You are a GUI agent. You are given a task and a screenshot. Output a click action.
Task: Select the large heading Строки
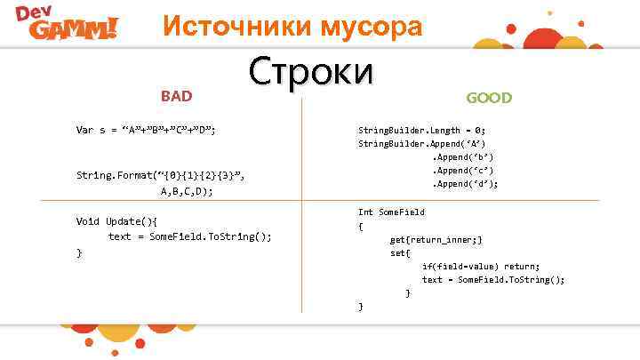[x=311, y=72]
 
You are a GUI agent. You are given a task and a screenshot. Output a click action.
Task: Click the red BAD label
[x=176, y=95]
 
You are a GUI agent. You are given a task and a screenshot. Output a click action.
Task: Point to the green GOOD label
[x=489, y=97]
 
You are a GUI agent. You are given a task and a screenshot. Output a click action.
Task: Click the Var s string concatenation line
[x=147, y=130]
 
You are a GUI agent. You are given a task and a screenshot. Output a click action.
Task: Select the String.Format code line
[x=160, y=176]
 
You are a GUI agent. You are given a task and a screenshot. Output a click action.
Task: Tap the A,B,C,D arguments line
[x=186, y=190]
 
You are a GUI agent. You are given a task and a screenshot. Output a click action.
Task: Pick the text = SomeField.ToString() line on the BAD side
[x=189, y=236]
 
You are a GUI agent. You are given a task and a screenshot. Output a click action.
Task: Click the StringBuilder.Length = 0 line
[x=421, y=130]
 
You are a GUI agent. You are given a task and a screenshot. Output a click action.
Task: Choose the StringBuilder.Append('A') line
[x=421, y=143]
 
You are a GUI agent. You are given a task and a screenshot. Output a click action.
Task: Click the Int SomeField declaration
[x=391, y=212]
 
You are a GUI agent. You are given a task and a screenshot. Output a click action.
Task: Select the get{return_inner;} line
[x=436, y=240]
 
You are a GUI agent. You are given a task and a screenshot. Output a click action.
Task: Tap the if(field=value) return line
[x=480, y=266]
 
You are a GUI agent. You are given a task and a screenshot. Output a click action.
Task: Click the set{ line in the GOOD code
[x=400, y=252]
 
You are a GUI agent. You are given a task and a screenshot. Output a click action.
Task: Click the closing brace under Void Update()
[x=79, y=252]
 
